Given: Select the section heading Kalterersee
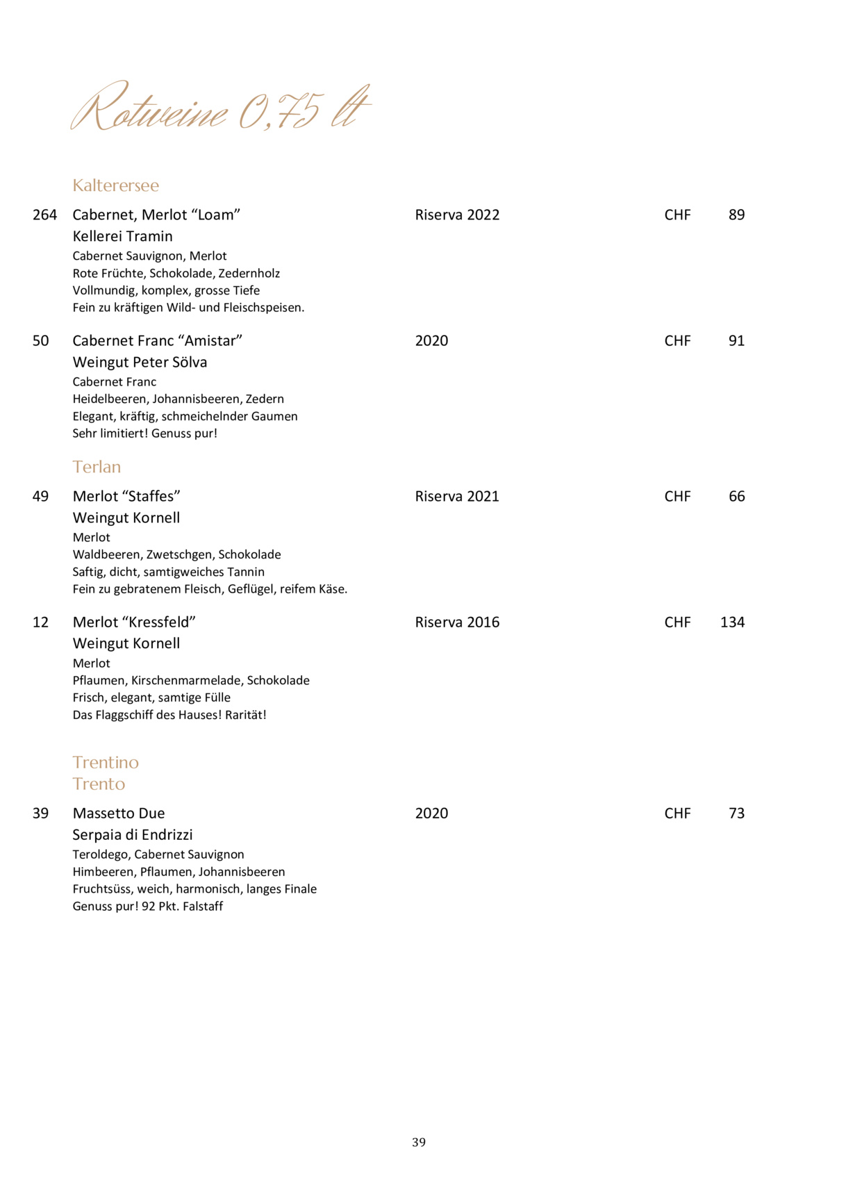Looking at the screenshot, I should [x=116, y=185].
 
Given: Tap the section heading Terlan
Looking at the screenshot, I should [x=97, y=467].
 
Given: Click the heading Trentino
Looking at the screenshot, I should [x=106, y=762].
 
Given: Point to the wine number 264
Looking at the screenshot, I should [x=44, y=215].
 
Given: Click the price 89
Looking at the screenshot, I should [x=736, y=215].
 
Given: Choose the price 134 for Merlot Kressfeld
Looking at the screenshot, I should [x=732, y=622].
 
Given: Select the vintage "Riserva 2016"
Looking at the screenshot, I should [x=457, y=622].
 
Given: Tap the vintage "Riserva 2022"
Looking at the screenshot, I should [x=457, y=215].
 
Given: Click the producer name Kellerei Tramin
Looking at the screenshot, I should [x=122, y=236].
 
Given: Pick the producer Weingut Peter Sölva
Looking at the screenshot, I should [x=140, y=362].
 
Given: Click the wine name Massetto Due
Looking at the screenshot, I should [x=119, y=813].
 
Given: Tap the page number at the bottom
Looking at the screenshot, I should [x=419, y=1142].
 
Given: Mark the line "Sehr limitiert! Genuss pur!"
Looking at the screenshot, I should [x=144, y=434].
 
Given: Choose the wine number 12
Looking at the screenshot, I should [x=40, y=622].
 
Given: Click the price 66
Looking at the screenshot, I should [x=736, y=496].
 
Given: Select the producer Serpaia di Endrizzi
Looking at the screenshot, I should [x=133, y=834].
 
